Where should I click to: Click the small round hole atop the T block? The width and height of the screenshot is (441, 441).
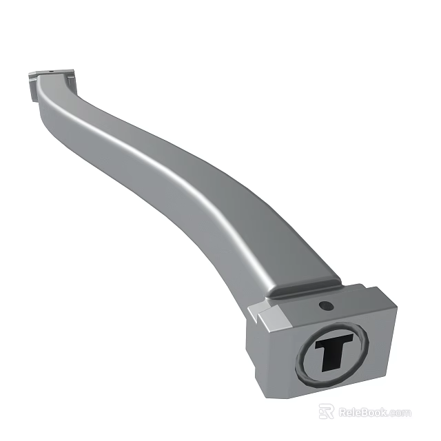click(x=325, y=305)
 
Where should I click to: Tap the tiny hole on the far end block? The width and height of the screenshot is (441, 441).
click(x=53, y=70)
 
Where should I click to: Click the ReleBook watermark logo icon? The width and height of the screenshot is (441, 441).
click(x=327, y=412)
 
